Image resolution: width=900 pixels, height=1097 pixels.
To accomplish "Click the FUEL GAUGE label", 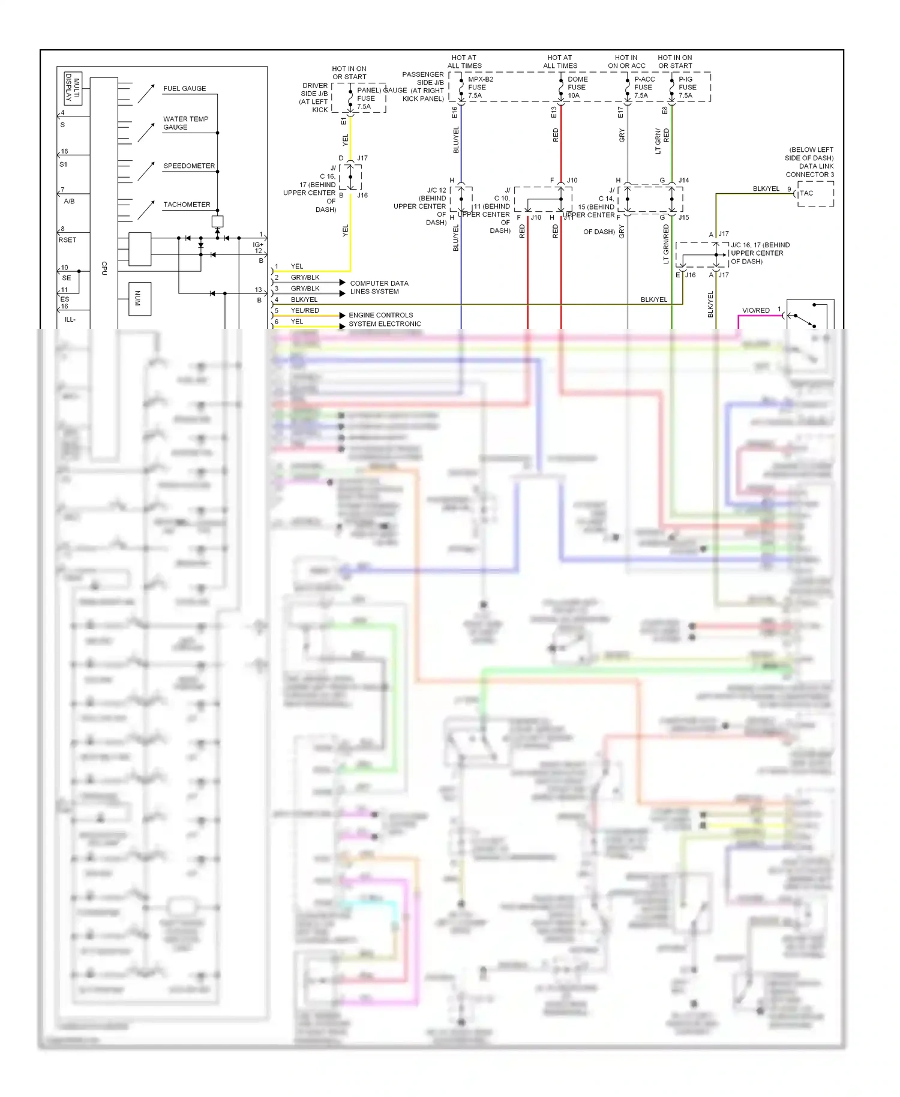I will click(x=184, y=88).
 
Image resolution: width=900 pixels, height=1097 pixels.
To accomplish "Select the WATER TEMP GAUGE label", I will click(x=185, y=123).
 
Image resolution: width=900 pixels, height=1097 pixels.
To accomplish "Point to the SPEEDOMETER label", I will click(x=188, y=166).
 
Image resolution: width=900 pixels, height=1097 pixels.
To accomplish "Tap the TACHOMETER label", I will click(x=187, y=205).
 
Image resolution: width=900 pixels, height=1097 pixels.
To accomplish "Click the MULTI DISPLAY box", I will click(x=73, y=88).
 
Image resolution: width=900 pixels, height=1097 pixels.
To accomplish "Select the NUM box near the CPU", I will click(x=139, y=298).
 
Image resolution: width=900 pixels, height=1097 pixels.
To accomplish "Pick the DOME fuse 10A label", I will click(x=577, y=87).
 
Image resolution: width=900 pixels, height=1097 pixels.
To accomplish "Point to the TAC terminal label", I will click(x=806, y=193).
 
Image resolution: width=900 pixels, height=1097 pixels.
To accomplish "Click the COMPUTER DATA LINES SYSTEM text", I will click(x=379, y=287).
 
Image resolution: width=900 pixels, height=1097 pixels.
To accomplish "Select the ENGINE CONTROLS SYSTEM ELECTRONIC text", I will click(x=384, y=319).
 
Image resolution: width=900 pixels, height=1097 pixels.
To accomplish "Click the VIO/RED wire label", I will click(x=755, y=310).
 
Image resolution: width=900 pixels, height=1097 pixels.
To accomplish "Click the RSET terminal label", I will click(x=67, y=240).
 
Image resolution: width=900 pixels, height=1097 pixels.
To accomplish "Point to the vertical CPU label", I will click(x=104, y=268).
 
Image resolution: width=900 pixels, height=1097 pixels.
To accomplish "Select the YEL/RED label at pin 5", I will click(x=305, y=310).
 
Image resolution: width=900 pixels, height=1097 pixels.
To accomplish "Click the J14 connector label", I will click(x=683, y=180).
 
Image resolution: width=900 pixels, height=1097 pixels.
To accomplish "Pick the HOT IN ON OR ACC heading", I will click(x=626, y=62).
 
